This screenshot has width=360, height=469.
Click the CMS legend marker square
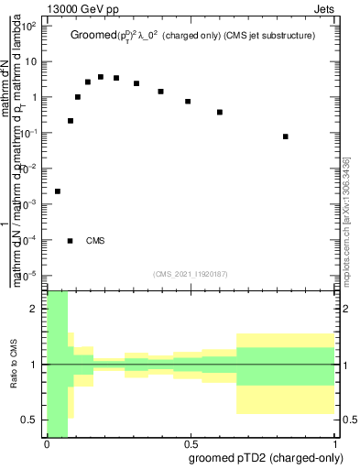coord(71,241)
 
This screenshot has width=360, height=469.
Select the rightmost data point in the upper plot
coord(286,136)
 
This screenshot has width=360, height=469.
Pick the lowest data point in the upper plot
coord(58,191)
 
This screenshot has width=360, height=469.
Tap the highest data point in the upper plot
coord(101,77)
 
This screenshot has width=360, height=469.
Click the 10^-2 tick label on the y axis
coord(29,168)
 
